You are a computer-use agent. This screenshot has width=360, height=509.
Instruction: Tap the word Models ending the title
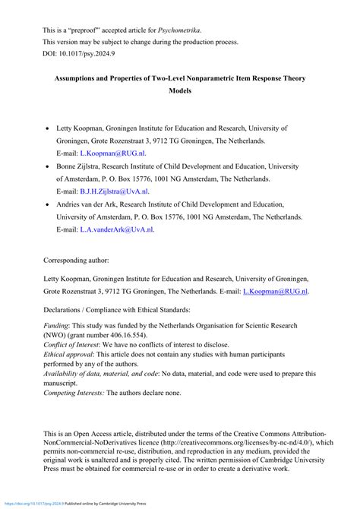tap(180, 90)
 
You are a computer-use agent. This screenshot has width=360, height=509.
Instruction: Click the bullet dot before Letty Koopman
tap(49, 129)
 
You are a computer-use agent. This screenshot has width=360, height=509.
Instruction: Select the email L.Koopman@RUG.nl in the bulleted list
tap(112, 153)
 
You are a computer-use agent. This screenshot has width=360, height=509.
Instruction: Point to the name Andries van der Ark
tap(95, 204)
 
